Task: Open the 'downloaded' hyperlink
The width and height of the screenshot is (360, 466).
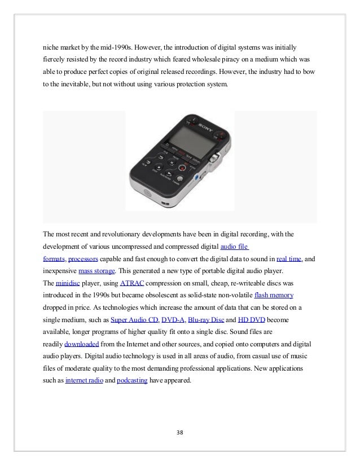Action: (82, 344)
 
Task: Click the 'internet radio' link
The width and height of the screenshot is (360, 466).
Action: (84, 380)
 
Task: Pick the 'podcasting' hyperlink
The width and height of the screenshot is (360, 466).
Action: (131, 380)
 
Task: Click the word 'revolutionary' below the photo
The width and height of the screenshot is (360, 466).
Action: (116, 234)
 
